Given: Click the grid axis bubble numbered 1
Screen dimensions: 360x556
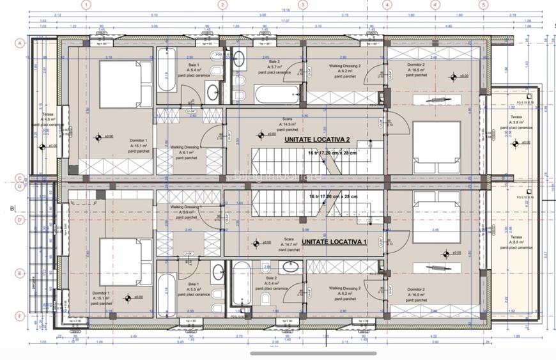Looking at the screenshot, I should pos(86,4).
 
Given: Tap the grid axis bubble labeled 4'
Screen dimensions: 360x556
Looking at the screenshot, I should pos(436,4).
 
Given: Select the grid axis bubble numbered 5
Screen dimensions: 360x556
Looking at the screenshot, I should pos(483,4).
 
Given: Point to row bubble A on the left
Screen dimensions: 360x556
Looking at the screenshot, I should pos(20,43).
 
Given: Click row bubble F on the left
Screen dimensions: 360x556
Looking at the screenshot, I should pos(20,315).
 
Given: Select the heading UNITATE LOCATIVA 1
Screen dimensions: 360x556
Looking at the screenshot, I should pos(325,242).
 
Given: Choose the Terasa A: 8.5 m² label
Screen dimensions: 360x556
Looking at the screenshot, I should pos(516,240).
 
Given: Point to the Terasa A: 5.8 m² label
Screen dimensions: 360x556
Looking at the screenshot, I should pos(516,122).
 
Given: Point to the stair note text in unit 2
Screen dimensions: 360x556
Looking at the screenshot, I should pos(332,153).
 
